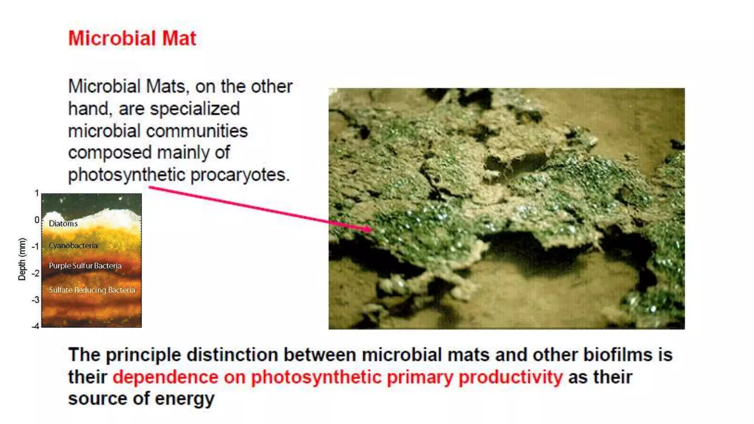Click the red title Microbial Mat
[x=132, y=38]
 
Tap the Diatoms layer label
[x=63, y=223]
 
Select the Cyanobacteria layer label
[x=73, y=245]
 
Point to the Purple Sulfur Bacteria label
[x=85, y=266]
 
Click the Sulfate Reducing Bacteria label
[x=92, y=290]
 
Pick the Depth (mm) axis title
[x=22, y=259]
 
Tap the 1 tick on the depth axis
[x=37, y=193]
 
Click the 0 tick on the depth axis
[x=37, y=220]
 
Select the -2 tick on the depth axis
[x=35, y=273]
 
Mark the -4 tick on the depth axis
[x=35, y=326]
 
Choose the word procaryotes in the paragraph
[x=240, y=175]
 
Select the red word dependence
[x=165, y=377]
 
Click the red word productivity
[x=511, y=377]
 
